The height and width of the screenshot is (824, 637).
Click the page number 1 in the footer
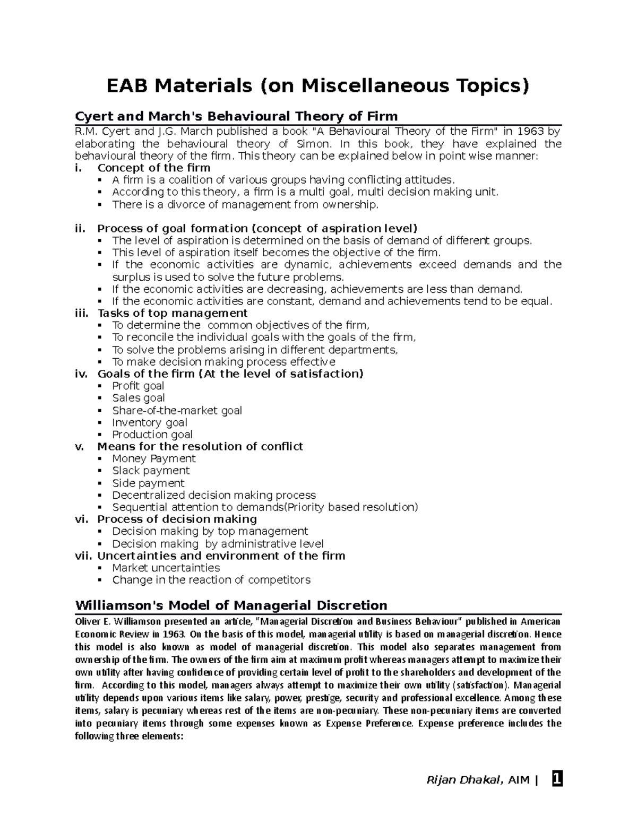556,779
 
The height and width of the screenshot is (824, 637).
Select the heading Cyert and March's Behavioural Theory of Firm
236,116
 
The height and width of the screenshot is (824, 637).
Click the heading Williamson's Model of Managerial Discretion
231,605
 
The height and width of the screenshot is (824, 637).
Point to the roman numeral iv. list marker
81,374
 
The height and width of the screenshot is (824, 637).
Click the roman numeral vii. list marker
83,556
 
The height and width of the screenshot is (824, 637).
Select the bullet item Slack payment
151,471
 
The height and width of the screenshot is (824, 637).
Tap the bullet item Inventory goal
150,422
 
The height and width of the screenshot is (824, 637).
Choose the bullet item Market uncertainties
166,568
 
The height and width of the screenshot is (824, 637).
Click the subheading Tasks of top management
173,313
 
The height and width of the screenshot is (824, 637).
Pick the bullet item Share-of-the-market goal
177,410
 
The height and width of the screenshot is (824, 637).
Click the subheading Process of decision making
177,519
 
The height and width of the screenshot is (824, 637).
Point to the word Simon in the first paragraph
313,144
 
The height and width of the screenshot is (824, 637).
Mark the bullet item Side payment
148,483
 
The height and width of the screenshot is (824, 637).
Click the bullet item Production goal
152,435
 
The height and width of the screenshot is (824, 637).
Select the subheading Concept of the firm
154,168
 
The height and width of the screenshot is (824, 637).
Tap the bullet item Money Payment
154,458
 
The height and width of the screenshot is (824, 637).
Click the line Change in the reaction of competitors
211,580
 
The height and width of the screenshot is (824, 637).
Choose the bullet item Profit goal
138,386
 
